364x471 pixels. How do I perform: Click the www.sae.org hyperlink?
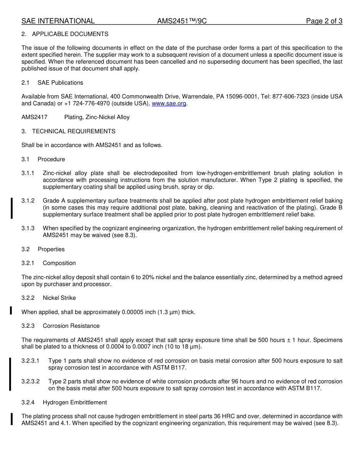[x=169, y=103]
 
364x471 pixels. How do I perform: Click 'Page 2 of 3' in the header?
[x=324, y=21]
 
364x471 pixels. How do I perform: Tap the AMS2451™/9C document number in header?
[x=182, y=21]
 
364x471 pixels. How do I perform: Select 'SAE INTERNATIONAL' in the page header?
[x=58, y=21]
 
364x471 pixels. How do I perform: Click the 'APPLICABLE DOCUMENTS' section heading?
[x=70, y=34]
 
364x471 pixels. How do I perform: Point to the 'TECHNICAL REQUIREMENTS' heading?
[x=74, y=131]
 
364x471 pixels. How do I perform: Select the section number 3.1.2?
[x=28, y=201]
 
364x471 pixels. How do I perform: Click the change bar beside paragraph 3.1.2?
[x=11, y=208]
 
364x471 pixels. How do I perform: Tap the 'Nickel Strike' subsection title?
[x=59, y=298]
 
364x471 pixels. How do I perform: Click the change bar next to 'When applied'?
[x=11, y=310]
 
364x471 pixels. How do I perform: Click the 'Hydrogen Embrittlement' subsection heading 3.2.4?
[x=75, y=402]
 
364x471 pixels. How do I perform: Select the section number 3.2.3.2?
[x=31, y=381]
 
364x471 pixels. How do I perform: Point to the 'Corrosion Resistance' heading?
[x=71, y=326]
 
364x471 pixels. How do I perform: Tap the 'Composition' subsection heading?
[x=59, y=263]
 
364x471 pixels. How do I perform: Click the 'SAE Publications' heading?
[x=60, y=83]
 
